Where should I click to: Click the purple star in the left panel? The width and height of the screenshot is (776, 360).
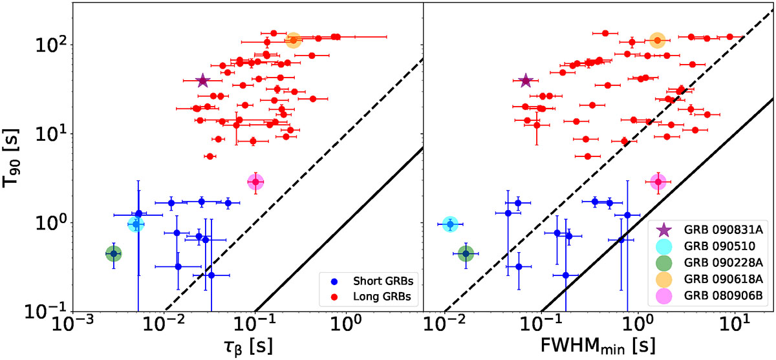(x=203, y=80)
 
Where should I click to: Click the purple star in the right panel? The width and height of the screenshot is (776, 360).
(x=525, y=80)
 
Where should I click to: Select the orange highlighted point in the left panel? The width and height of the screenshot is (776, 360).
(x=294, y=40)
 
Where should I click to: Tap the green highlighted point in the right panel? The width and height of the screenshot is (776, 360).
(x=466, y=254)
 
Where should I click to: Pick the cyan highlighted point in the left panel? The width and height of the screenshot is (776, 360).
(x=136, y=224)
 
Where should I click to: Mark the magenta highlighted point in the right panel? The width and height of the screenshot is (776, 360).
(x=658, y=182)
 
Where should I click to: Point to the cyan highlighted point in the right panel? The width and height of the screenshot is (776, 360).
(x=450, y=224)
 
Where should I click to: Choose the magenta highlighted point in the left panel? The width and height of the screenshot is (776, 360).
(x=256, y=182)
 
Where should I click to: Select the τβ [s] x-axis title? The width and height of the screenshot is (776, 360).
(x=246, y=344)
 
